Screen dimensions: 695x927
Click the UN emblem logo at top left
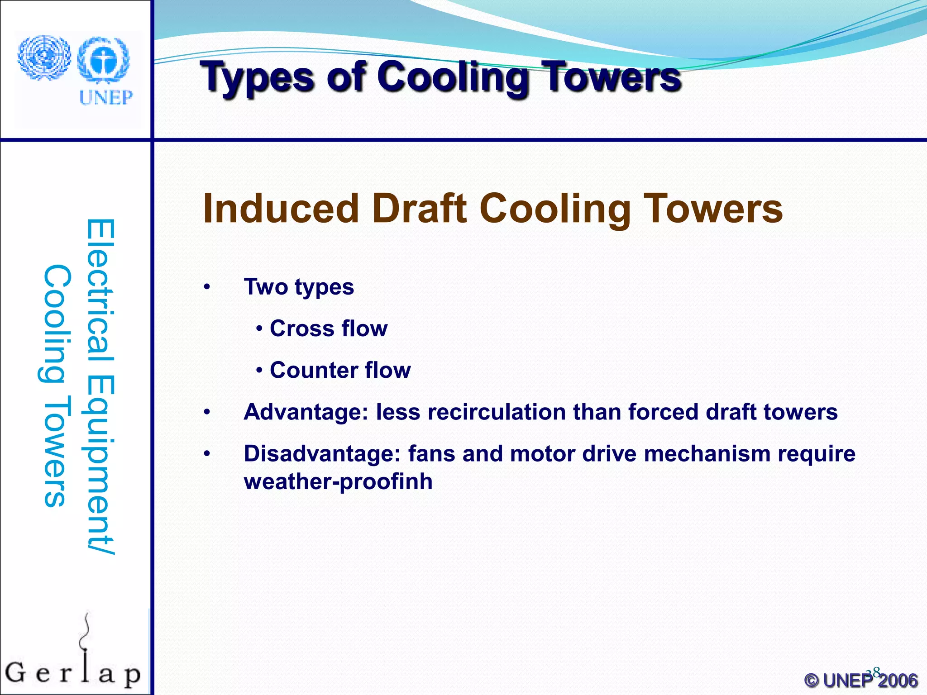pyautogui.click(x=44, y=58)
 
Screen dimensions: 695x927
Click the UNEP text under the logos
pyautogui.click(x=106, y=97)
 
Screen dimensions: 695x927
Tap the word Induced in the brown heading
pyautogui.click(x=281, y=209)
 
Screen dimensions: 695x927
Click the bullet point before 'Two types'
pyautogui.click(x=207, y=287)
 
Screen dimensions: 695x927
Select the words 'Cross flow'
pyautogui.click(x=329, y=328)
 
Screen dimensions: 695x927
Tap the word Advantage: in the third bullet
pyautogui.click(x=306, y=412)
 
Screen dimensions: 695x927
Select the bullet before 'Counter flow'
pyautogui.click(x=259, y=371)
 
